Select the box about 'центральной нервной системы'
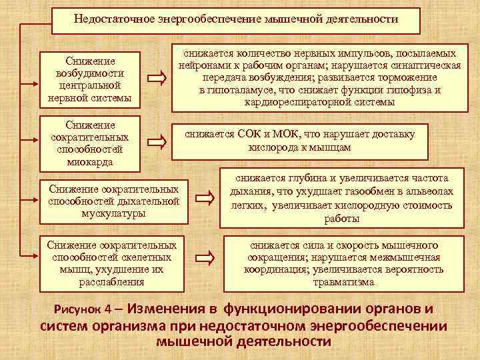(x=90, y=79)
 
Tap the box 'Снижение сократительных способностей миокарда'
(x=90, y=143)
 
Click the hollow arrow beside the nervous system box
(x=157, y=79)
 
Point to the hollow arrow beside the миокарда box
(x=157, y=141)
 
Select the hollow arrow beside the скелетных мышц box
(x=209, y=256)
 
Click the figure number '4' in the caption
(x=107, y=311)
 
